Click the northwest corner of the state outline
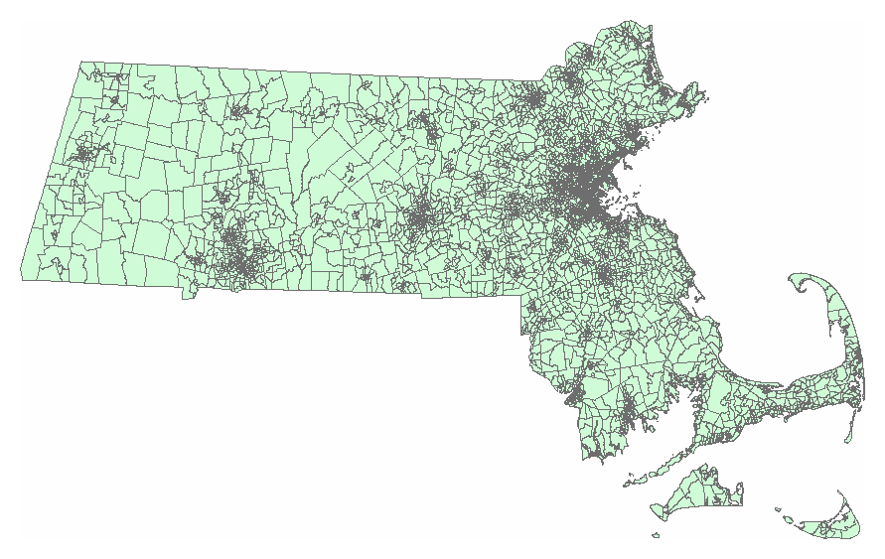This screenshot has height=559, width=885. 79,64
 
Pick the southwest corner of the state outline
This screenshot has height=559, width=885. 22,278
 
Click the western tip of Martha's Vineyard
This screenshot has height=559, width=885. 654,509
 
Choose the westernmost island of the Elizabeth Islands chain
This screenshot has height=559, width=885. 627,486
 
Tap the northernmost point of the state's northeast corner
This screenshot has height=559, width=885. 630,22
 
